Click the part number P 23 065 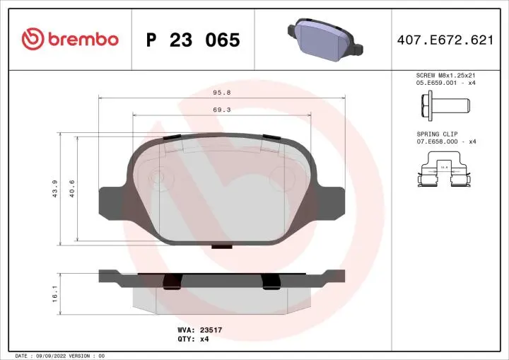point(193,40)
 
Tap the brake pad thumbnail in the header point(324,40)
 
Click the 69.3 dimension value point(221,110)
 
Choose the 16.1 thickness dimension point(54,290)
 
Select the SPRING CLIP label point(437,134)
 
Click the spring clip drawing point(444,172)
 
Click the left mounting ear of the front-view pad point(112,201)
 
